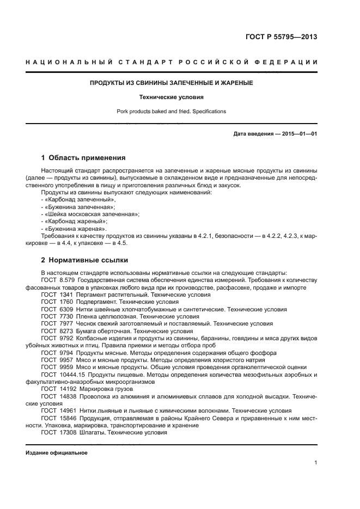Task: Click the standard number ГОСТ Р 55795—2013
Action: pyautogui.click(x=281, y=38)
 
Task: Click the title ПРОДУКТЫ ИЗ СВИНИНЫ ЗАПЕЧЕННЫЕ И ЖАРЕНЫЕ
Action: pyautogui.click(x=172, y=83)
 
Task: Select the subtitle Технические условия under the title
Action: pyautogui.click(x=172, y=97)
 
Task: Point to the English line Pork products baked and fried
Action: pyautogui.click(x=172, y=112)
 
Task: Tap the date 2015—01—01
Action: pyautogui.click(x=299, y=133)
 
